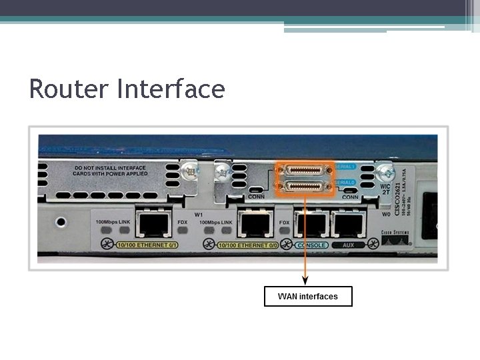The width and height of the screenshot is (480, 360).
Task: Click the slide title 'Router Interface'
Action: coord(127,89)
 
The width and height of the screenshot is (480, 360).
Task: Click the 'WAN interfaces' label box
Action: coord(308,297)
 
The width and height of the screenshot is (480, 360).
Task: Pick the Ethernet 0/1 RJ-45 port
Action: coord(153,223)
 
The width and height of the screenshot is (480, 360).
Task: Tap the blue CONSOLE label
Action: coord(311,245)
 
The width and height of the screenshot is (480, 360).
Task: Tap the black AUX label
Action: coord(349,245)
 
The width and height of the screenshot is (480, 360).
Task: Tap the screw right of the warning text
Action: coord(192,171)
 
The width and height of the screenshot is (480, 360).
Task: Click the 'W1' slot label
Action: coord(198,214)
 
